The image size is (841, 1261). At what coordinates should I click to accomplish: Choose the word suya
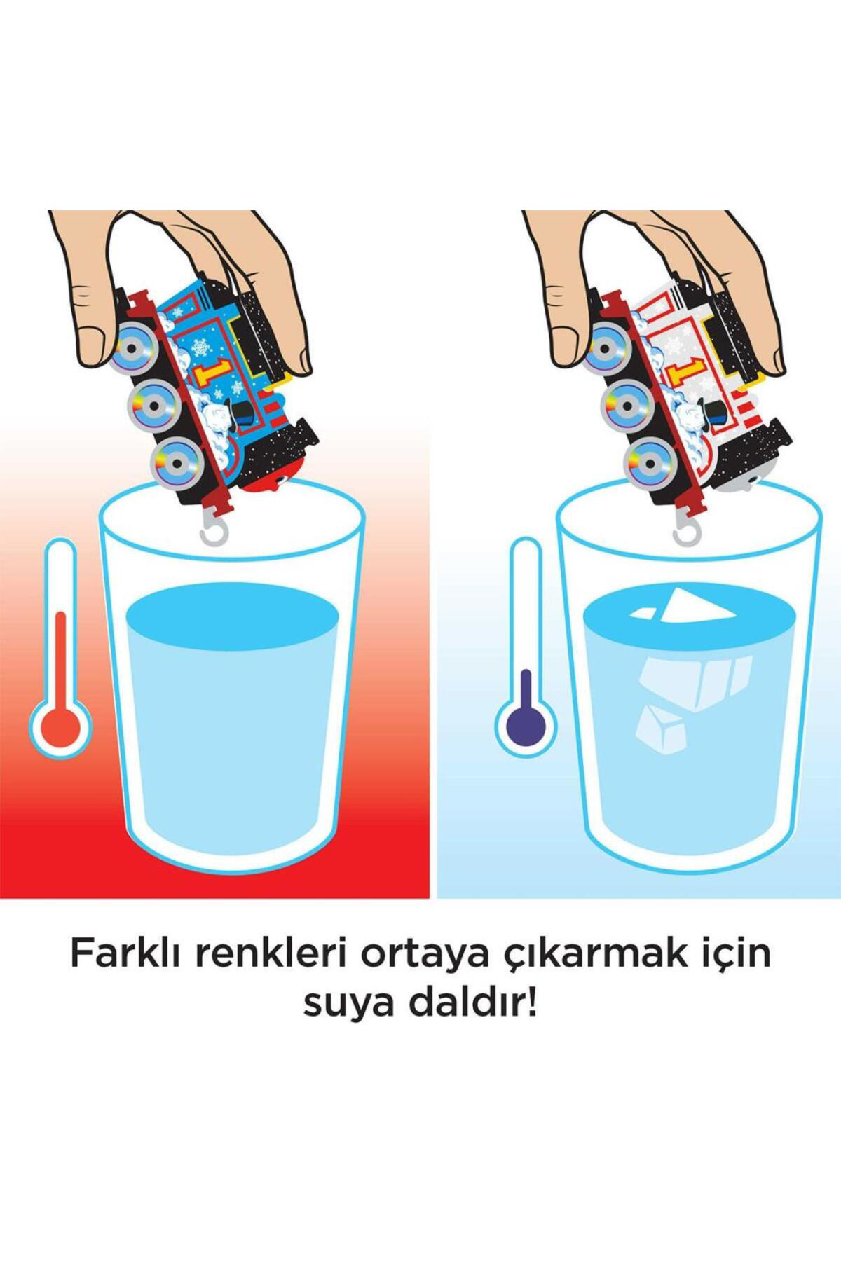(343, 1007)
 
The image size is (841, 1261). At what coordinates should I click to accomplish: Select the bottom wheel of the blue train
(175, 460)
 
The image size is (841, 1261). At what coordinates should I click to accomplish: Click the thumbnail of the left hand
(97, 344)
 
